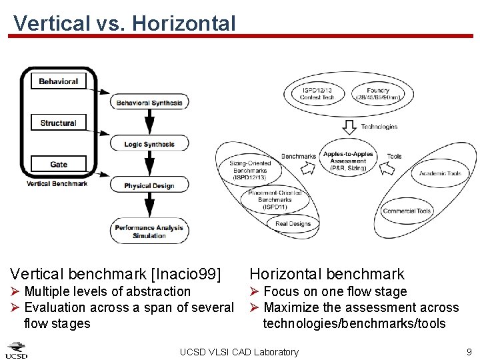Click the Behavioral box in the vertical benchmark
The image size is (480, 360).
(59, 81)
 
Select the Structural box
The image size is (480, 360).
(59, 123)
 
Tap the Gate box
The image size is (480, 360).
(59, 164)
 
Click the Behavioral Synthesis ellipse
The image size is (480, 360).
(149, 103)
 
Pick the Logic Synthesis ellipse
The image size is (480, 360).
(149, 144)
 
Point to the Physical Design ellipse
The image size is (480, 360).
(149, 185)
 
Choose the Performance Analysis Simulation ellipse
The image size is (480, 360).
(149, 231)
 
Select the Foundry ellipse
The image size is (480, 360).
(378, 94)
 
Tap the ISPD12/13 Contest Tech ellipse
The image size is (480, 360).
(317, 94)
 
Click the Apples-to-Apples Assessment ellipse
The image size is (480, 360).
(348, 161)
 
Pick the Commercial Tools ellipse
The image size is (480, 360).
(407, 211)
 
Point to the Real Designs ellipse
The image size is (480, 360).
(293, 224)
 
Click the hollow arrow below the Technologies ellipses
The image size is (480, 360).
(349, 126)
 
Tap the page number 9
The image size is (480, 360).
(469, 351)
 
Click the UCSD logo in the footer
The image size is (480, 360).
(17, 350)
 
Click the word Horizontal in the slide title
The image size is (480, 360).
(184, 23)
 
